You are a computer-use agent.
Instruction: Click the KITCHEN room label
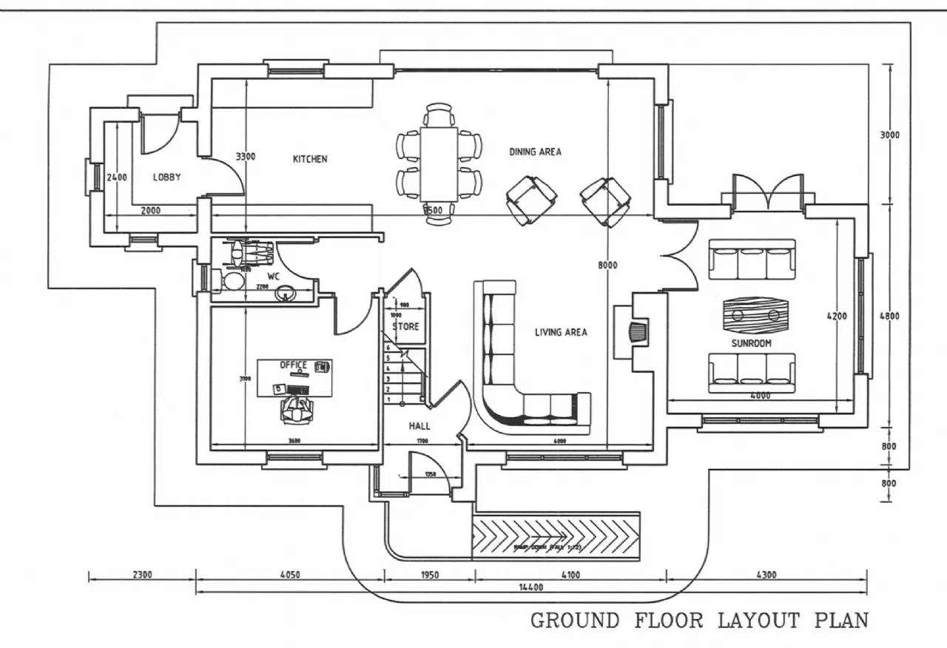pyautogui.click(x=310, y=159)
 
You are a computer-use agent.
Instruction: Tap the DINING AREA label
pyautogui.click(x=535, y=152)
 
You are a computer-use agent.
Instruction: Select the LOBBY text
pyautogui.click(x=167, y=178)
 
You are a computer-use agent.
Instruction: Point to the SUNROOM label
pyautogui.click(x=752, y=343)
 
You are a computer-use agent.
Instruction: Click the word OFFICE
pyautogui.click(x=293, y=365)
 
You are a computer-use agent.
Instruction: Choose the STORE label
pyautogui.click(x=405, y=326)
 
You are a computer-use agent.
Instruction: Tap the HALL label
pyautogui.click(x=419, y=426)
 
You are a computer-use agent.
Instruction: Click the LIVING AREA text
pyautogui.click(x=561, y=333)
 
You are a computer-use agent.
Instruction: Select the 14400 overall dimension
pyautogui.click(x=531, y=587)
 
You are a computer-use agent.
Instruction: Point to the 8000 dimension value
pyautogui.click(x=607, y=265)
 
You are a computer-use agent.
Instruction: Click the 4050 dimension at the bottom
pyautogui.click(x=289, y=574)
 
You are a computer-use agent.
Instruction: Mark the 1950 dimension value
pyautogui.click(x=428, y=574)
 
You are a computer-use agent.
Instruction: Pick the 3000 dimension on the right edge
pyautogui.click(x=889, y=135)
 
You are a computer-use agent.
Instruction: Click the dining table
pyautogui.click(x=439, y=163)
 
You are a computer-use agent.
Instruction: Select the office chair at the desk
pyautogui.click(x=296, y=408)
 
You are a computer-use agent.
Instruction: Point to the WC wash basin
pyautogui.click(x=286, y=294)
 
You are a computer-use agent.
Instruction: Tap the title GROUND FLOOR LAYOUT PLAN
pyautogui.click(x=699, y=620)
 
